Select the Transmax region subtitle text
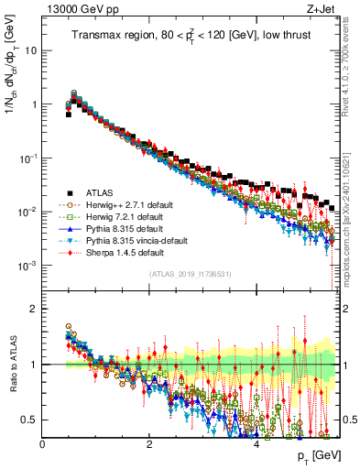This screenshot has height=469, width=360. point(192,36)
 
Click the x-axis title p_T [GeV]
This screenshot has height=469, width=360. point(318,455)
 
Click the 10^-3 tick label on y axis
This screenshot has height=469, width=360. point(27,266)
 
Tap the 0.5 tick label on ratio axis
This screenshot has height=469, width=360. point(29,420)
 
